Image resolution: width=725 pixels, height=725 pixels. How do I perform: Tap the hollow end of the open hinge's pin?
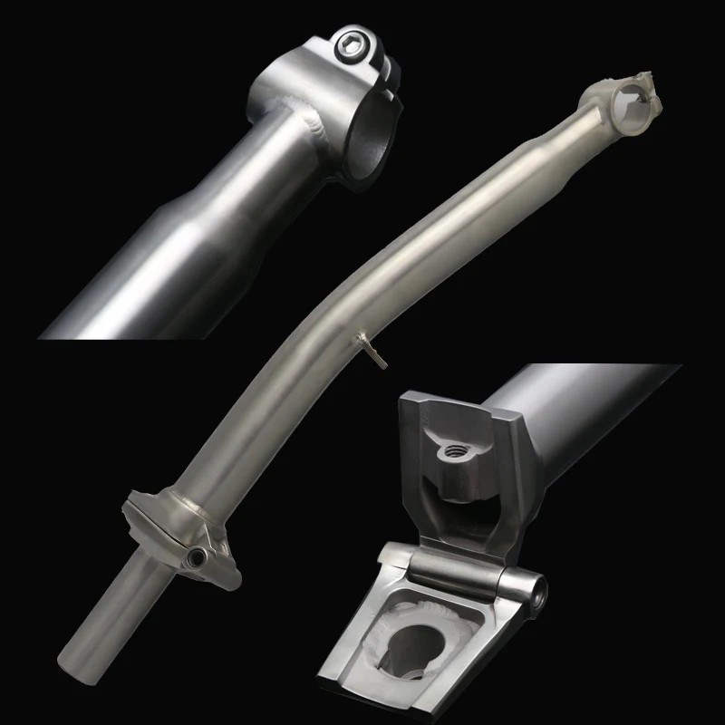(540, 594)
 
